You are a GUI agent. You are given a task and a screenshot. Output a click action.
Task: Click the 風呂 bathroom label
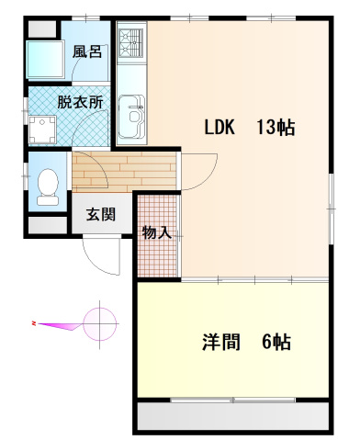click(x=88, y=51)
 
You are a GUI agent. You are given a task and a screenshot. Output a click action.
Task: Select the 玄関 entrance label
click(x=100, y=216)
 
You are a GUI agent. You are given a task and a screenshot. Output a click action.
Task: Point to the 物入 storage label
click(x=157, y=232)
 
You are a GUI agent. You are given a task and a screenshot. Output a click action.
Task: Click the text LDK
click(x=222, y=129)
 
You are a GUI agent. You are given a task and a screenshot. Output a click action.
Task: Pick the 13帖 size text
click(x=276, y=129)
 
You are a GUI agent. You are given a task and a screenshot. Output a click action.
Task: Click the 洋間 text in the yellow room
click(x=221, y=344)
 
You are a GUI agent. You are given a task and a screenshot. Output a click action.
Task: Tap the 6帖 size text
click(x=276, y=344)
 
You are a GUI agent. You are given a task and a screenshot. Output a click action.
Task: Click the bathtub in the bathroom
click(x=44, y=59)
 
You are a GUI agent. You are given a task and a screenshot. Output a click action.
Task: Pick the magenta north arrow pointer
click(x=60, y=323)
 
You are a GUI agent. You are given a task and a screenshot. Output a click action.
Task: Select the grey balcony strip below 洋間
click(x=232, y=417)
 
